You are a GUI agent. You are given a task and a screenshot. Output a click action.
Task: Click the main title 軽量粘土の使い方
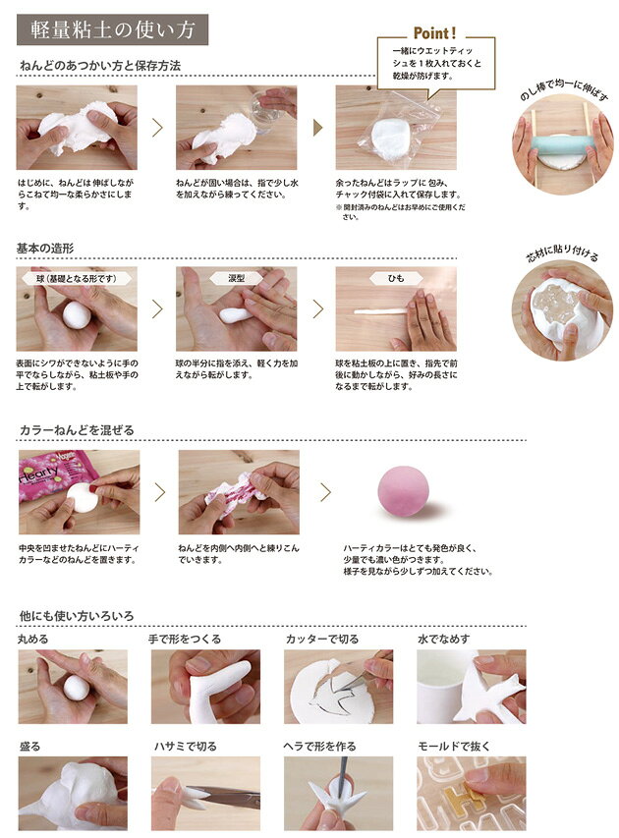(x=112, y=29)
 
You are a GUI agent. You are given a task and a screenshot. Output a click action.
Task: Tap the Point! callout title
(x=434, y=33)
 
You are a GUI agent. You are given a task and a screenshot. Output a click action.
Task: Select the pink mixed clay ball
(x=404, y=490)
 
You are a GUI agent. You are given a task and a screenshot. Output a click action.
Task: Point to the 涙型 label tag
(x=236, y=278)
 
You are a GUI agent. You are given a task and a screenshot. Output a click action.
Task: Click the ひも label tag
(x=396, y=278)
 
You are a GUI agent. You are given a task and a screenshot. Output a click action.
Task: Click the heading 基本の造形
(x=45, y=248)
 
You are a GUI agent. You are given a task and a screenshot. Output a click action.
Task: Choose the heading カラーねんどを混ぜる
(x=77, y=430)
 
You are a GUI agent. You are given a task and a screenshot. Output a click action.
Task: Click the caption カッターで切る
(x=322, y=639)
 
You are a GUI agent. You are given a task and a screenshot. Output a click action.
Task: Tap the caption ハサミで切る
(x=186, y=746)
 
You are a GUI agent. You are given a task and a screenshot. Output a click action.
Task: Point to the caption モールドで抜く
(x=454, y=746)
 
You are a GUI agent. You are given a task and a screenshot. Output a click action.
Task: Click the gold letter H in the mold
(x=468, y=796)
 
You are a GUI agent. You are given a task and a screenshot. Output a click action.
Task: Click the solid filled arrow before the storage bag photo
(x=318, y=128)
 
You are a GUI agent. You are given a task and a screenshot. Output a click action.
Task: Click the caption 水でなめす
(x=444, y=639)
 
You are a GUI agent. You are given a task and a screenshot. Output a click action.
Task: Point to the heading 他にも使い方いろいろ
(x=77, y=616)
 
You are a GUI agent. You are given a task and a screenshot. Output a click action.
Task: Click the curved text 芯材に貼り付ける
(x=563, y=253)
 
